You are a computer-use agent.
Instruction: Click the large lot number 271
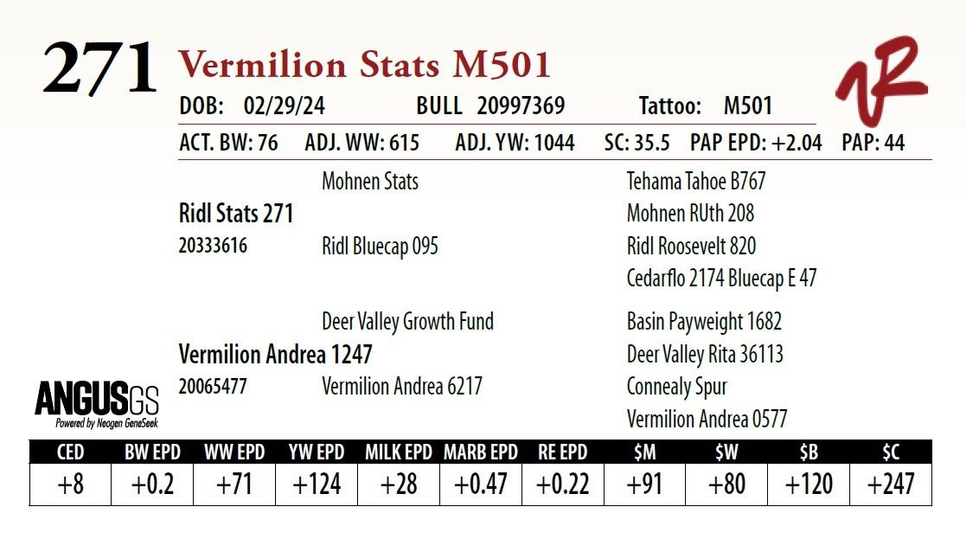pos(99,68)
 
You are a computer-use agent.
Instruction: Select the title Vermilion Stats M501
pos(364,66)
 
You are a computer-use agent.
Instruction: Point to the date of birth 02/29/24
pos(285,106)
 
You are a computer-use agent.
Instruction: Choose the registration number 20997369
pos(521,106)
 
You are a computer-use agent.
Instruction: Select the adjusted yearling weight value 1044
pos(554,143)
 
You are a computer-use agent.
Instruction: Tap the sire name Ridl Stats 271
pos(236,213)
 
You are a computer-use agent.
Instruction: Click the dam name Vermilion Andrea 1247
pos(275,354)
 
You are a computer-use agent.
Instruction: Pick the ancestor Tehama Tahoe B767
pos(695,182)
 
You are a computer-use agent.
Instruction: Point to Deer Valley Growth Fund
pos(407,322)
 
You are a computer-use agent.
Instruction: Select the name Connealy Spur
pos(676,387)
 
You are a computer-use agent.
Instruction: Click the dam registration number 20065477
pos(213,387)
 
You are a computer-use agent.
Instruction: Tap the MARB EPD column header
pos(480,452)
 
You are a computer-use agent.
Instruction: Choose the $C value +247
pos(891,484)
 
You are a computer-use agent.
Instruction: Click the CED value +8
pos(70,484)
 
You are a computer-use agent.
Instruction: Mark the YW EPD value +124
pos(317,484)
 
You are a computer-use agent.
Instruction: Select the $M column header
pos(644,452)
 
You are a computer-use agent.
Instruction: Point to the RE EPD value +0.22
pos(562,484)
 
